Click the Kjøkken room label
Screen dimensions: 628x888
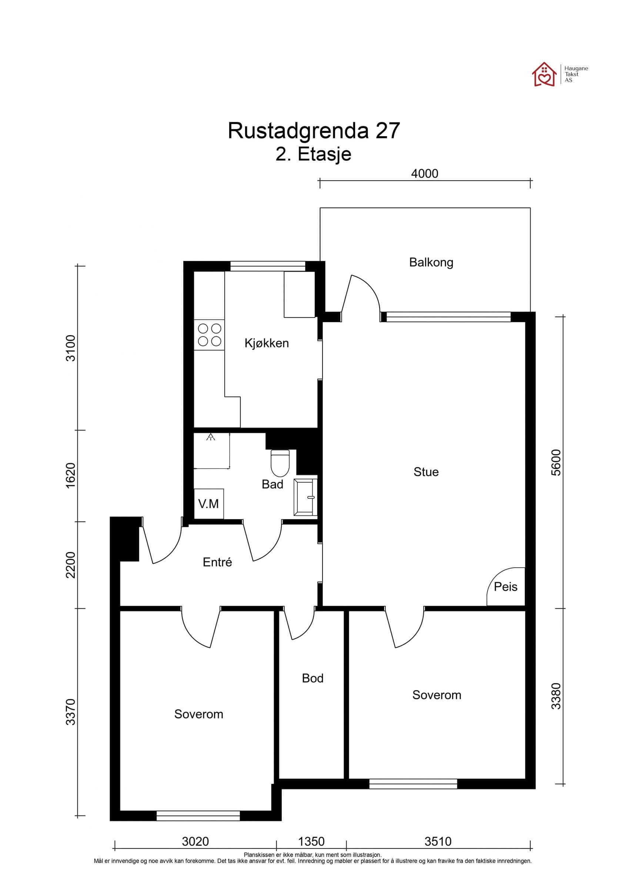click(x=267, y=343)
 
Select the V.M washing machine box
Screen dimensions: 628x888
click(x=208, y=504)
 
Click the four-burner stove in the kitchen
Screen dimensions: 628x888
click(x=209, y=335)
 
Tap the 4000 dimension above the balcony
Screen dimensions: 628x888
click(x=424, y=174)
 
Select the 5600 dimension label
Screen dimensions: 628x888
click(x=556, y=462)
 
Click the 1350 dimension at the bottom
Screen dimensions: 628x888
click(x=311, y=842)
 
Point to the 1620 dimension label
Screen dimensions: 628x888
click(x=71, y=475)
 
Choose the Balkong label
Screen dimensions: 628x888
click(x=431, y=262)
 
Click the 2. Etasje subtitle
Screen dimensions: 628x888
click(x=313, y=154)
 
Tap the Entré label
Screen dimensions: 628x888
click(x=217, y=562)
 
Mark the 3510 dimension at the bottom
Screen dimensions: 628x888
click(x=438, y=842)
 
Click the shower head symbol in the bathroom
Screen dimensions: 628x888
click(x=210, y=437)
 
